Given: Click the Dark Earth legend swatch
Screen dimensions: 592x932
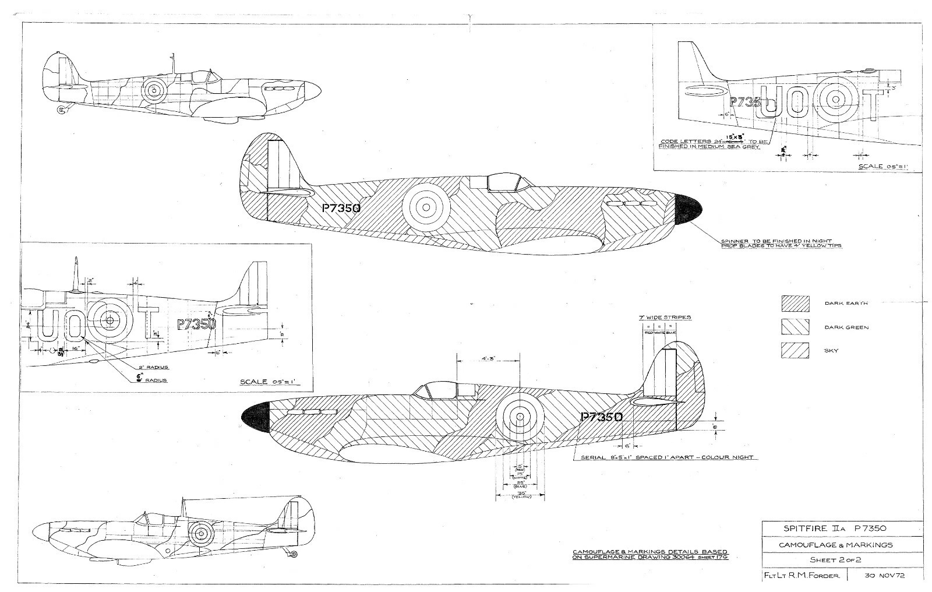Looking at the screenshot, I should pos(795,303).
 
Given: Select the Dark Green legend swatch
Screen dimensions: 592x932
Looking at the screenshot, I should pos(795,327).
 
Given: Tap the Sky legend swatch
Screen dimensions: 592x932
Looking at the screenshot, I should pos(795,351).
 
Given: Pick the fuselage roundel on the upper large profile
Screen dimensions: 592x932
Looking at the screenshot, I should pos(426,206).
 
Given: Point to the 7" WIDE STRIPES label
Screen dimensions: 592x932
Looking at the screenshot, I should pos(665,318).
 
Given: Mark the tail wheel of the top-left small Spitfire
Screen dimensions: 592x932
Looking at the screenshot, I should pos(61,110).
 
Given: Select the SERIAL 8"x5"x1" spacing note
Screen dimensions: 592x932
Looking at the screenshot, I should pos(669,457).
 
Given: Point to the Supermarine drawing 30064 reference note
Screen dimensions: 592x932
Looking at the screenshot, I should pos(650,555).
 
